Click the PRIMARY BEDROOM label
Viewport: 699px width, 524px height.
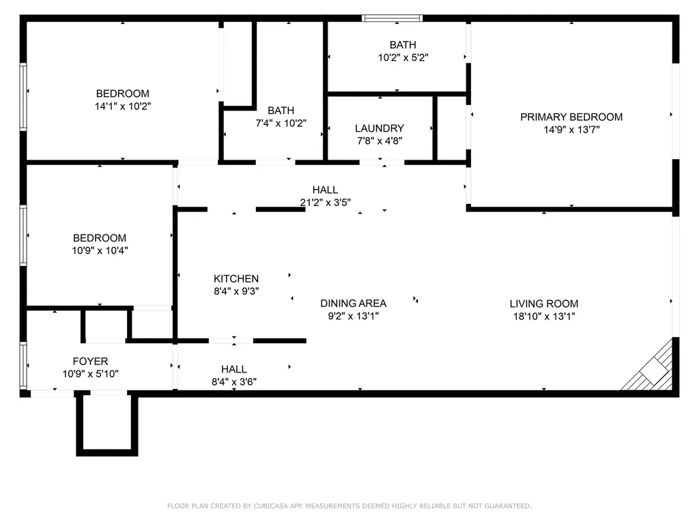tap(571, 117)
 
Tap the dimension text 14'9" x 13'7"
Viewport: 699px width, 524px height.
tap(571, 129)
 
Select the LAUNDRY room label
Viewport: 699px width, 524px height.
tap(380, 128)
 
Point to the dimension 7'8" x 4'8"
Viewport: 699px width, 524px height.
tap(380, 141)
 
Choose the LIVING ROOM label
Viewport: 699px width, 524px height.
tap(544, 304)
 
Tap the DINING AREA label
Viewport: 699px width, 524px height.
tap(354, 303)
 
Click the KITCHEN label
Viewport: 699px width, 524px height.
tap(236, 278)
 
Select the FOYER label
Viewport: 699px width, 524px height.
tap(90, 361)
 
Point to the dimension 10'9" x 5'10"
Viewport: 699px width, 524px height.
tap(90, 373)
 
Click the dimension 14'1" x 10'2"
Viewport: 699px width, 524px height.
tap(123, 106)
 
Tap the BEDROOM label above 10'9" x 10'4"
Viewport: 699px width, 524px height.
tap(100, 238)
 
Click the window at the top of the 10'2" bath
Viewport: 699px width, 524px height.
tap(392, 18)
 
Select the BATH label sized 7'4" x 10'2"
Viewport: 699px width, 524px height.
tap(281, 111)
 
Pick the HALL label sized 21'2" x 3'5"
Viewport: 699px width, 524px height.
tap(325, 190)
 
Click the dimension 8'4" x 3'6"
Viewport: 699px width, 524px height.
tap(233, 381)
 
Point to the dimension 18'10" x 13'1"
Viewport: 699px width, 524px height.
tap(544, 316)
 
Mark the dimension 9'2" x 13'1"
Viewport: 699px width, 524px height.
tap(354, 315)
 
